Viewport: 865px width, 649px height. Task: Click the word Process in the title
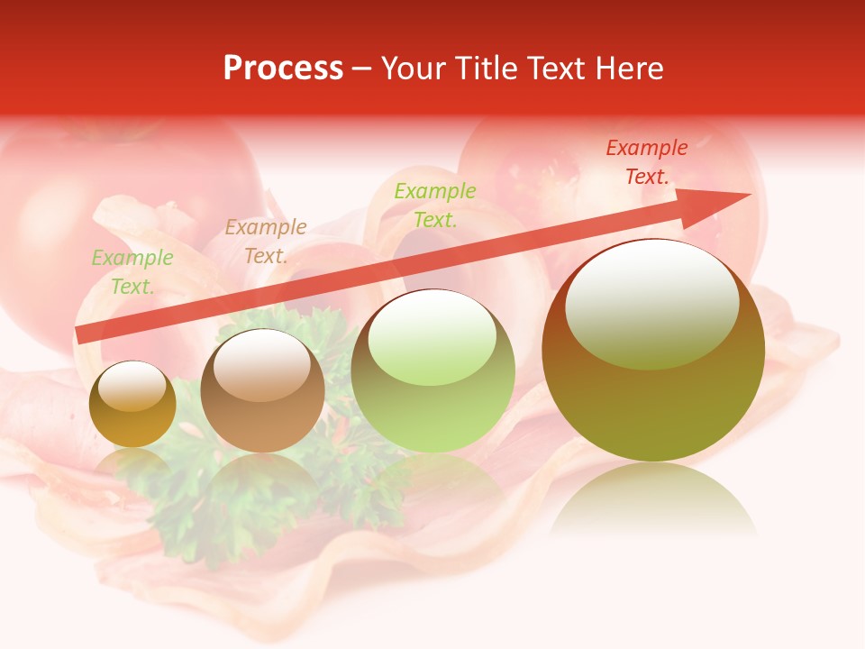[x=283, y=69]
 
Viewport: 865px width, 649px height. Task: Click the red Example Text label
[x=646, y=162]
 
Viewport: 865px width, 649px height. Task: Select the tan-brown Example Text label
[x=266, y=242]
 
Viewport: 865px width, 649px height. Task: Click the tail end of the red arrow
[x=83, y=335]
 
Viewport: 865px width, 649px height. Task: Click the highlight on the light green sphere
[x=432, y=335]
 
